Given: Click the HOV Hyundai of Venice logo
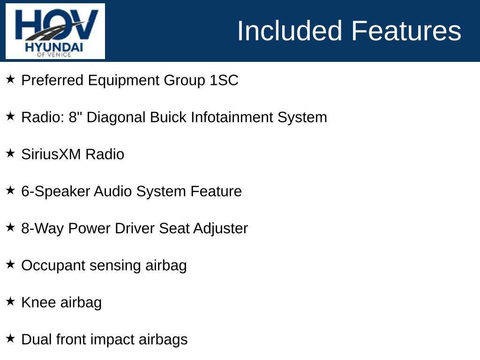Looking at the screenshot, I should click(55, 31).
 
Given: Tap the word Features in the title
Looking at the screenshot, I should click(406, 31).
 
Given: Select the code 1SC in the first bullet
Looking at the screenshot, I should click(224, 80).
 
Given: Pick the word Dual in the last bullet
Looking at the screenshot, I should click(37, 339).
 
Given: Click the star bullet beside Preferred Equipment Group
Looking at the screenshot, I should click(10, 79).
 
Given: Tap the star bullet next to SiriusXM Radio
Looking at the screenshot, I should click(10, 153).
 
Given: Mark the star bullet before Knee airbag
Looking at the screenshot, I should click(10, 301).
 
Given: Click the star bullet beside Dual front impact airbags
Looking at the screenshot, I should click(10, 338).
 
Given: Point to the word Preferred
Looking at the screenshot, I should click(52, 80).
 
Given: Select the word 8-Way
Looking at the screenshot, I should click(42, 228).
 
